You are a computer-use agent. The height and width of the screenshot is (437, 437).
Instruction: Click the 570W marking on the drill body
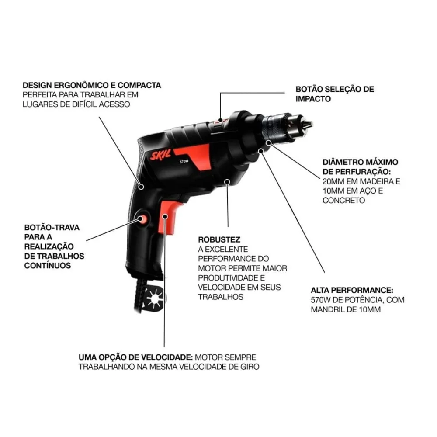pos(184,161)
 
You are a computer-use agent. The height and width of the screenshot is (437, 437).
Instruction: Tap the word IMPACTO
pos(312,99)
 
